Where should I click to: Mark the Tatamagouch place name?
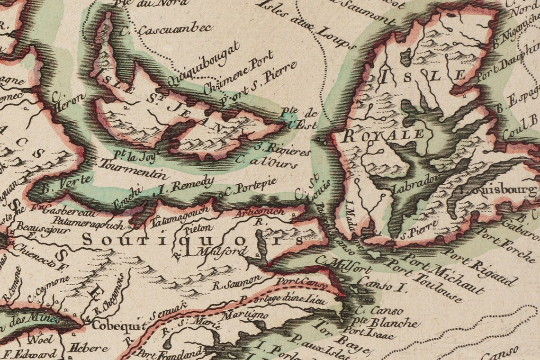point(180,216)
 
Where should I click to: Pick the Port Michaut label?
point(442,272)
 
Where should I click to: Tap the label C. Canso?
point(378,311)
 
